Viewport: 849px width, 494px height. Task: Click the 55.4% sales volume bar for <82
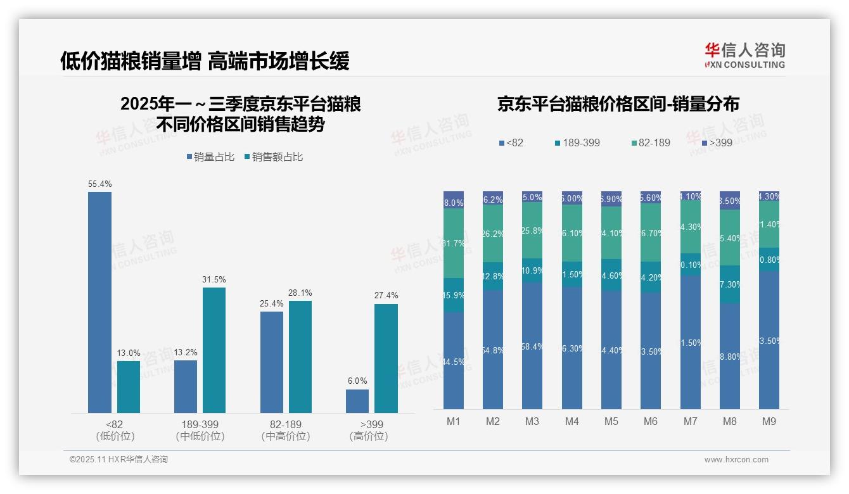tap(99, 302)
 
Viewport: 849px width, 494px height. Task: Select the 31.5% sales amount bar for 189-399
tap(214, 350)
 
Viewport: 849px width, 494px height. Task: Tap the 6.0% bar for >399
tap(357, 401)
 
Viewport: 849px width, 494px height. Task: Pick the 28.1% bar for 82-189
tap(300, 357)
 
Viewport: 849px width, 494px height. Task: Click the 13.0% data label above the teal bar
tap(129, 353)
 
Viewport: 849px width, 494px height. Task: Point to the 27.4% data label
tap(386, 296)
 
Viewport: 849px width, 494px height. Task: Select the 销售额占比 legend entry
tap(273, 156)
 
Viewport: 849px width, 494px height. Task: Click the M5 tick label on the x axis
tap(611, 421)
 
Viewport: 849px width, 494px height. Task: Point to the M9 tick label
tap(769, 421)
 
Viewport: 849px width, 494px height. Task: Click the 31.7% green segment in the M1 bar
tap(454, 243)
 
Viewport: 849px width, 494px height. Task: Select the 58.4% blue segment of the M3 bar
tap(532, 346)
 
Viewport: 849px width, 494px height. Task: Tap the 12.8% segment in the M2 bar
tap(493, 276)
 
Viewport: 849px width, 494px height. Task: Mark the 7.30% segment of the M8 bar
tap(730, 284)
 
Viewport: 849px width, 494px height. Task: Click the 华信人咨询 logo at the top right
tap(744, 55)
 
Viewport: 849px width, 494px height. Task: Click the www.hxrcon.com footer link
tap(736, 460)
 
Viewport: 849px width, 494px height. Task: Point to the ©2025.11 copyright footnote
tap(118, 460)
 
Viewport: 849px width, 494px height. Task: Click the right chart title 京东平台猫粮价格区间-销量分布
tap(618, 104)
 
